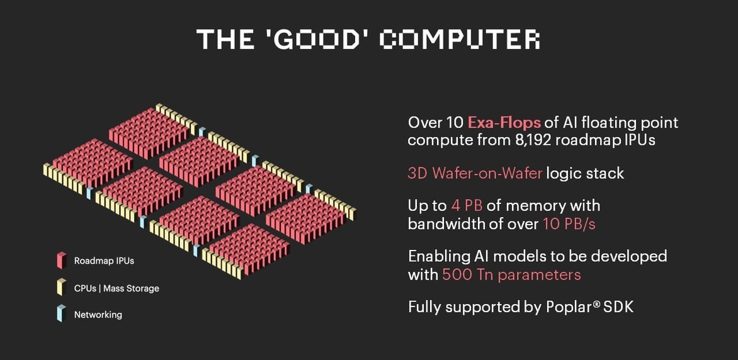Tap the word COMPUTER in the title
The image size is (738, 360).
(x=460, y=40)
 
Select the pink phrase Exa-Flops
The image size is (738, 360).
(x=504, y=123)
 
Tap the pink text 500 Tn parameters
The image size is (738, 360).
(x=511, y=274)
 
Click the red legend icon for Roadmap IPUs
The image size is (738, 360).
(x=62, y=260)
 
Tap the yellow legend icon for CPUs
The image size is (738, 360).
(x=62, y=286)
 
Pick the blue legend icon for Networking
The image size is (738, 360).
(x=62, y=313)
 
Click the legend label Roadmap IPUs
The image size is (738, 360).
(x=104, y=261)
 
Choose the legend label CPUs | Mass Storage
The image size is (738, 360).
(x=116, y=288)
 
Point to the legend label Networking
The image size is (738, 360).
(x=98, y=315)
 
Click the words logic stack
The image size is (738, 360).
(x=585, y=173)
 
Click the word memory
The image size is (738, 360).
(x=536, y=206)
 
